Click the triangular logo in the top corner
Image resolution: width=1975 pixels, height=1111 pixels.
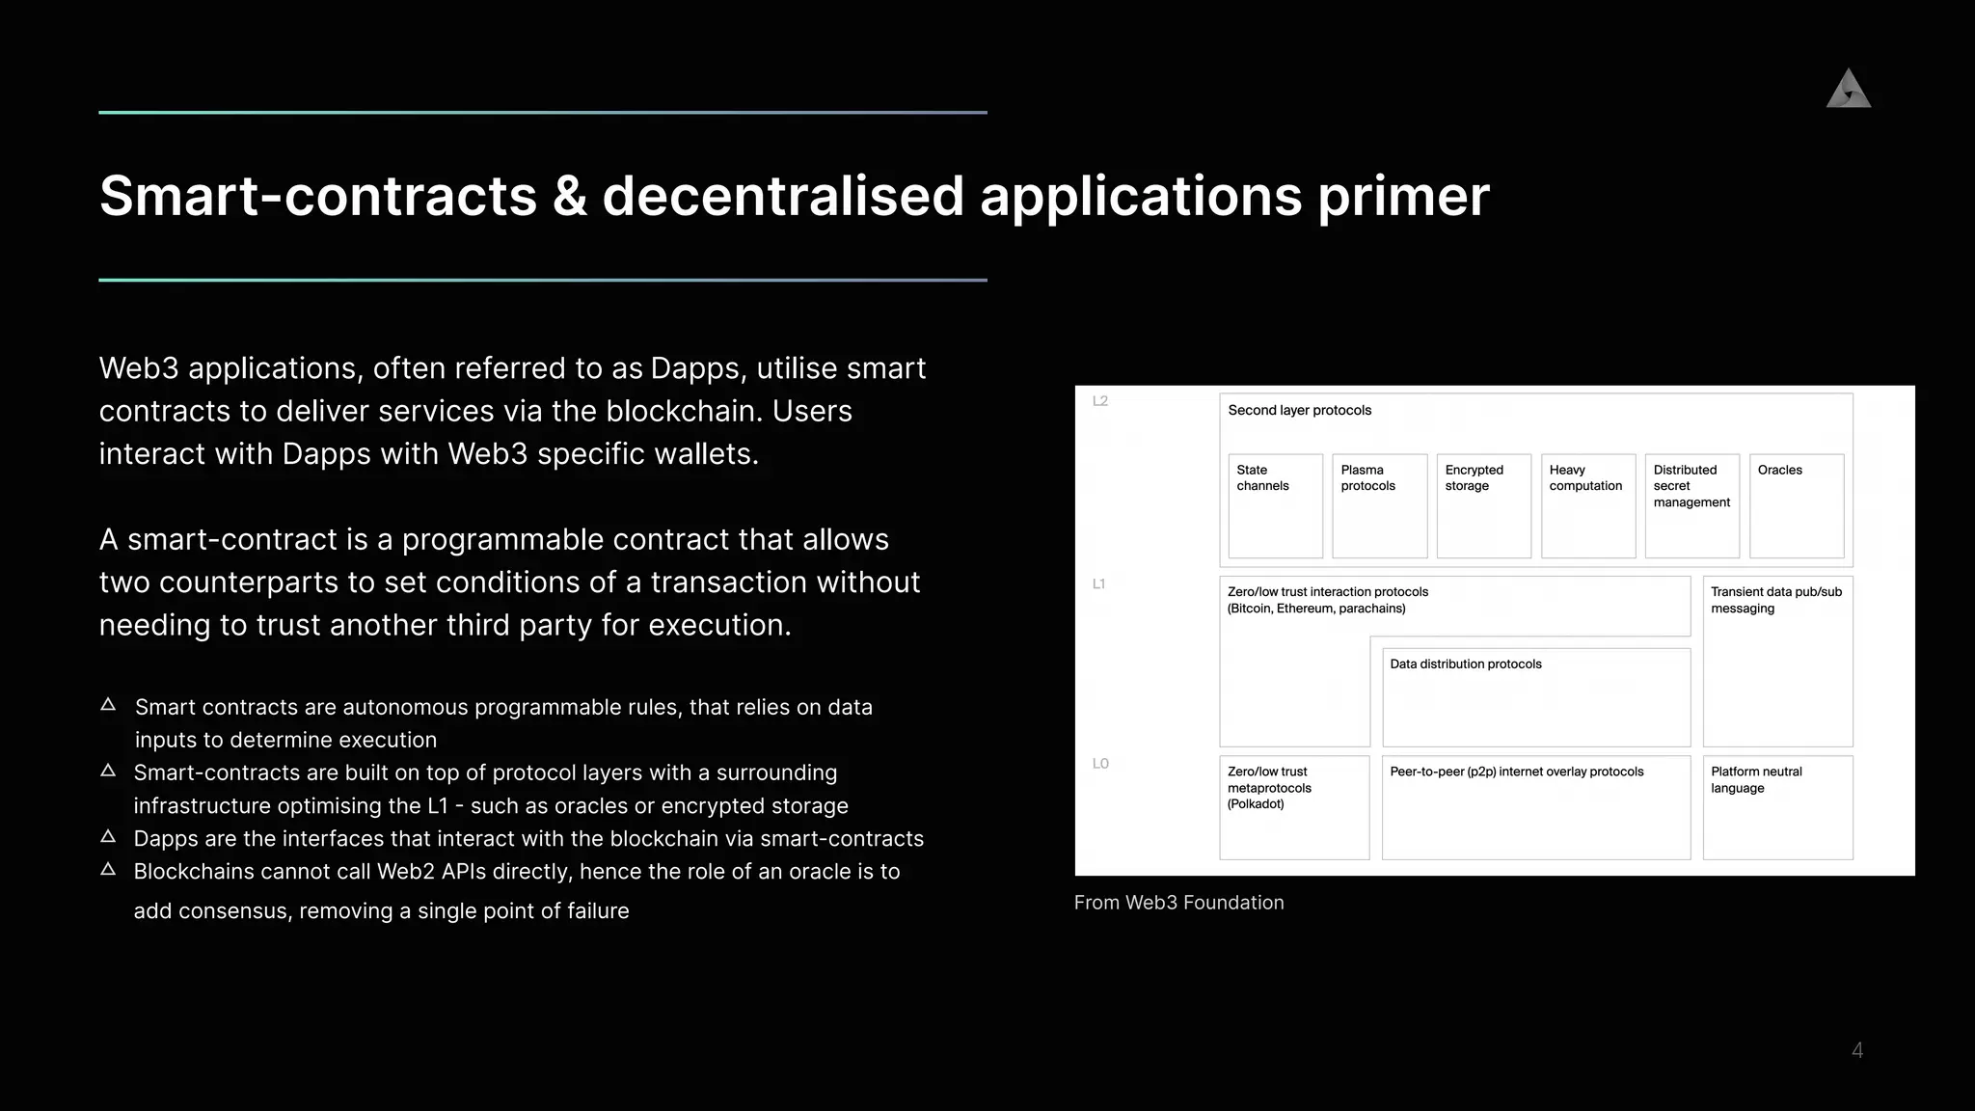point(1849,90)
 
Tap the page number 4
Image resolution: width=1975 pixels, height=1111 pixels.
point(1857,1050)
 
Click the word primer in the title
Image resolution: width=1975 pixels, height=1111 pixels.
point(1403,196)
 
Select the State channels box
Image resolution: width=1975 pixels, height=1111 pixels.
point(1275,505)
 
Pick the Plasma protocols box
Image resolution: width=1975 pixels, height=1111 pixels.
point(1379,505)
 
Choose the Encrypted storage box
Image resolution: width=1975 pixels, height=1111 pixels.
point(1483,505)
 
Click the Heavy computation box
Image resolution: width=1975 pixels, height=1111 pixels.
point(1587,505)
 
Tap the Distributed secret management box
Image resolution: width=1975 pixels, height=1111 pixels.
point(1691,505)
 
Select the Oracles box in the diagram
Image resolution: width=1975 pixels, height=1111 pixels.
point(1796,505)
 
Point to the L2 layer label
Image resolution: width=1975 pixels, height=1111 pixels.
point(1100,401)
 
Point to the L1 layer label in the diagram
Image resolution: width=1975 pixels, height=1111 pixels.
point(1098,584)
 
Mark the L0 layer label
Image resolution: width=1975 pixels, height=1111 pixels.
point(1100,764)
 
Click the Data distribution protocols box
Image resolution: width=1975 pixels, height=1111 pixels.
point(1535,696)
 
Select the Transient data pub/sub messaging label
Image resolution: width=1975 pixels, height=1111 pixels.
point(1775,600)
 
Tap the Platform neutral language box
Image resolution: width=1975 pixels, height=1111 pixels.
point(1777,806)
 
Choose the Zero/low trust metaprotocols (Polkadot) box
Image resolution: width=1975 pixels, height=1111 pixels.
point(1294,806)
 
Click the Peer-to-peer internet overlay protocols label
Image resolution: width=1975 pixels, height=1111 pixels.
point(1516,772)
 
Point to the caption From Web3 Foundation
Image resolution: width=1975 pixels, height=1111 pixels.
point(1178,903)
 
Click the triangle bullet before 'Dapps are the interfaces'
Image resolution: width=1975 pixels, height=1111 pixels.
point(108,837)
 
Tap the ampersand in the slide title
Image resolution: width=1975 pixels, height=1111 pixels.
point(570,196)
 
